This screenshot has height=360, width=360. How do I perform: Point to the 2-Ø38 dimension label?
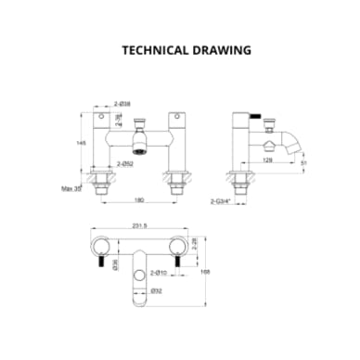pos(122,104)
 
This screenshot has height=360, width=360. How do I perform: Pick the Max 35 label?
pos(70,188)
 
